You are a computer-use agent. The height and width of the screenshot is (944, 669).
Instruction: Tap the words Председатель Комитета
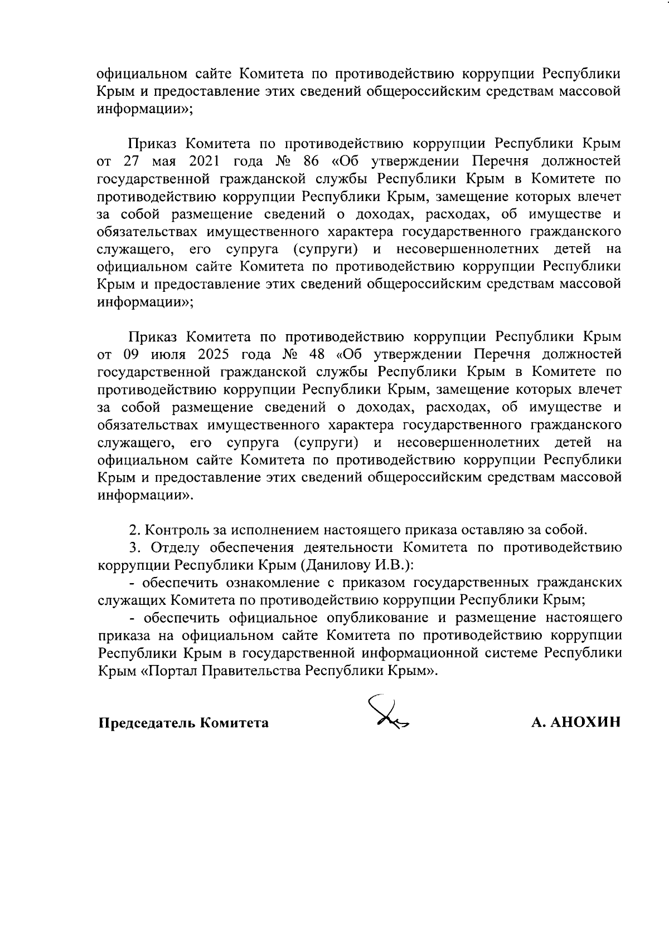pos(183,723)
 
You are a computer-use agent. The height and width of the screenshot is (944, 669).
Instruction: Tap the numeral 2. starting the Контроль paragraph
pos(133,530)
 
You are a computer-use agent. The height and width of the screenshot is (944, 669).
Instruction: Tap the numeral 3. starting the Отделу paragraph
pos(133,547)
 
